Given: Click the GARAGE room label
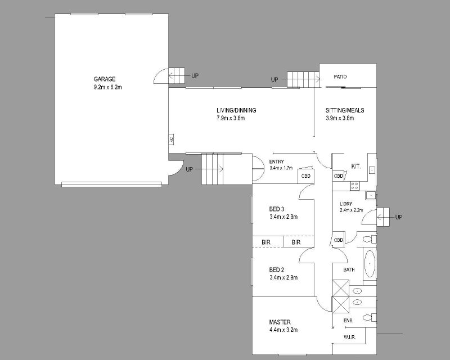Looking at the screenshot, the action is tap(105, 79).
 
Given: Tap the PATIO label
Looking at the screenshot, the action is tap(340, 76).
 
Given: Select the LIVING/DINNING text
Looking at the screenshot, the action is tap(236, 110).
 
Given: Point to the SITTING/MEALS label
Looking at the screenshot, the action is tap(345, 110).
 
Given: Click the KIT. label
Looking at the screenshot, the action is tap(356, 166).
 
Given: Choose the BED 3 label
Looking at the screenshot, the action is tap(277, 209).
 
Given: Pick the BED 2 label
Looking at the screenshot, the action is tap(277, 270).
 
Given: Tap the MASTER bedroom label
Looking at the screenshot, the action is tap(280, 322).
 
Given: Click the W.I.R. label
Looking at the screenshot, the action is tap(349, 337).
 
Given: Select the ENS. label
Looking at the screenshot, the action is tap(348, 321).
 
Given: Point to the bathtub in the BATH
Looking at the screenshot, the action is tap(370, 264).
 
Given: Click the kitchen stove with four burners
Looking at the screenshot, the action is tap(354, 186).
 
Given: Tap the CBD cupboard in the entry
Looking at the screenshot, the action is tap(306, 175).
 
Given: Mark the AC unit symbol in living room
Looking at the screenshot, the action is tap(172, 140).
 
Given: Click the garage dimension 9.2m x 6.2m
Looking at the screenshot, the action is tap(107, 87).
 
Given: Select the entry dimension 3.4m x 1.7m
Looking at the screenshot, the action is tap(281, 168).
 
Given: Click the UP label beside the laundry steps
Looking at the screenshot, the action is tap(399, 217).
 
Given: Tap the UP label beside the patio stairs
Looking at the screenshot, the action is tap(274, 79).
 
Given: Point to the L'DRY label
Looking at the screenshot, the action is tap(346, 204).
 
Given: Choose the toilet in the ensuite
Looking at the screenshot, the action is tap(370, 317).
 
